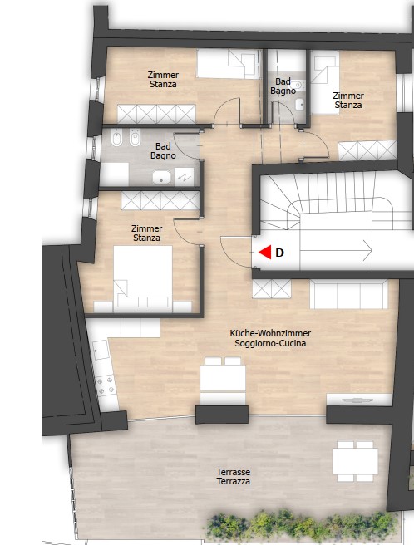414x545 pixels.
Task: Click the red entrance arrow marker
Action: (x=265, y=252)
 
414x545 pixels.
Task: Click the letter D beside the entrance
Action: (x=279, y=253)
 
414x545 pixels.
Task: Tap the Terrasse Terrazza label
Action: (x=233, y=477)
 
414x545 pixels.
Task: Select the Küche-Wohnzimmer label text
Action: (x=270, y=333)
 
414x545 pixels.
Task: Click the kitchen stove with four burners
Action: (x=106, y=385)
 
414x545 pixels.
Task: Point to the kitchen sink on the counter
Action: (x=101, y=350)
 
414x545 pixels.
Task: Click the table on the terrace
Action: (x=355, y=461)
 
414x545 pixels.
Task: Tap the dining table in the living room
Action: (x=223, y=380)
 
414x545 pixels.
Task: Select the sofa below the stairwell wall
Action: (x=348, y=294)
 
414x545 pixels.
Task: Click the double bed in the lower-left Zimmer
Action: (x=143, y=277)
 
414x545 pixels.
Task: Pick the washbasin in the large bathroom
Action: (x=162, y=177)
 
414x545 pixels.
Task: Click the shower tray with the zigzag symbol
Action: (x=184, y=177)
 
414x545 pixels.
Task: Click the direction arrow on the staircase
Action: (x=336, y=250)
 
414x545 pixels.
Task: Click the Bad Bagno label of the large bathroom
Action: (x=163, y=151)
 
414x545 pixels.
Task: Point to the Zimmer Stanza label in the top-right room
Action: (x=348, y=100)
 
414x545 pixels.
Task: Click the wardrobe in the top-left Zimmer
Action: (x=156, y=114)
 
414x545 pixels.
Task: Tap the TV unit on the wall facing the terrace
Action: (x=359, y=400)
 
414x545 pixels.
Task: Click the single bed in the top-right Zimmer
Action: (x=324, y=82)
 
